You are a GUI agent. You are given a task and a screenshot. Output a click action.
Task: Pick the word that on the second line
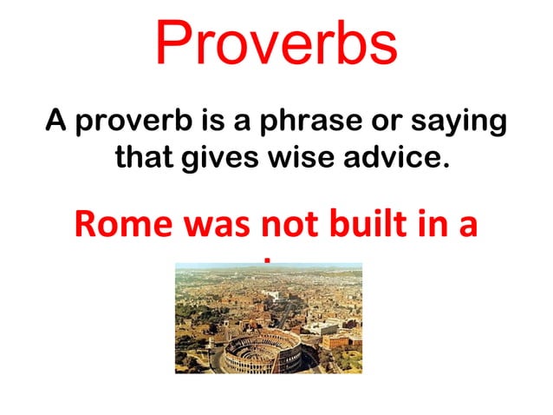pyautogui.click(x=145, y=158)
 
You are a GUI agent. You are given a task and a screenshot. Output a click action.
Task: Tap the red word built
pyautogui.click(x=368, y=225)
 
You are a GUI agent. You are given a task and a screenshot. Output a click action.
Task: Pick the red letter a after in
pyautogui.click(x=469, y=227)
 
